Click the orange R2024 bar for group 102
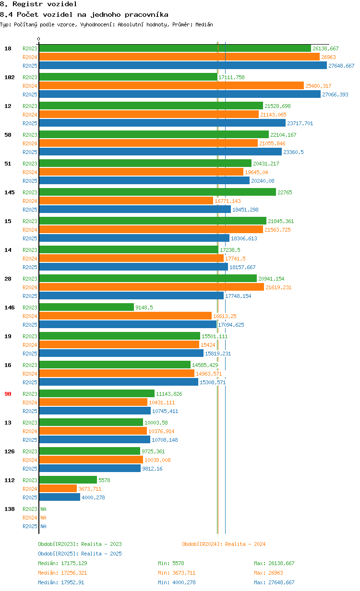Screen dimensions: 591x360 pyautogui.click(x=171, y=86)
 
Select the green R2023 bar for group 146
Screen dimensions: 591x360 pyautogui.click(x=86, y=307)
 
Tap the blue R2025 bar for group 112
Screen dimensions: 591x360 pyautogui.click(x=60, y=497)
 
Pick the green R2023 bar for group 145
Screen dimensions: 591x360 pyautogui.click(x=157, y=192)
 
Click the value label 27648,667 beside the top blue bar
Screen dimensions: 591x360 pyautogui.click(x=341, y=66)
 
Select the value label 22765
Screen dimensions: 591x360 pyautogui.click(x=285, y=192)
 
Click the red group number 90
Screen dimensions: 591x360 pyautogui.click(x=8, y=394)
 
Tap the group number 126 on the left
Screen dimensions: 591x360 pyautogui.click(x=10, y=451)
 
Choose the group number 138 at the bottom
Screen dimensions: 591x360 pyautogui.click(x=10, y=509)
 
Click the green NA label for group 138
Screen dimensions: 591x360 pyautogui.click(x=43, y=509)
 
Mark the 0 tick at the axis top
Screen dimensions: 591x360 pyautogui.click(x=39, y=39)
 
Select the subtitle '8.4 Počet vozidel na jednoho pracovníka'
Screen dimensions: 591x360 pyautogui.click(x=84, y=14)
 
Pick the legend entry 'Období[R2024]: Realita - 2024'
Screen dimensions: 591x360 pyautogui.click(x=224, y=544)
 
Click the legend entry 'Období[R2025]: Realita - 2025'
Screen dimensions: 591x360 pyautogui.click(x=80, y=554)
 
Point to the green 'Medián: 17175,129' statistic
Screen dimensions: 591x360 pyautogui.click(x=62, y=563)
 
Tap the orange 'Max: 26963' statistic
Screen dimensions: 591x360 pyautogui.click(x=269, y=573)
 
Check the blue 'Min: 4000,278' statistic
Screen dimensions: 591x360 pyautogui.click(x=177, y=582)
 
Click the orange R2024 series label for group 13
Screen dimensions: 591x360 pyautogui.click(x=30, y=431)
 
